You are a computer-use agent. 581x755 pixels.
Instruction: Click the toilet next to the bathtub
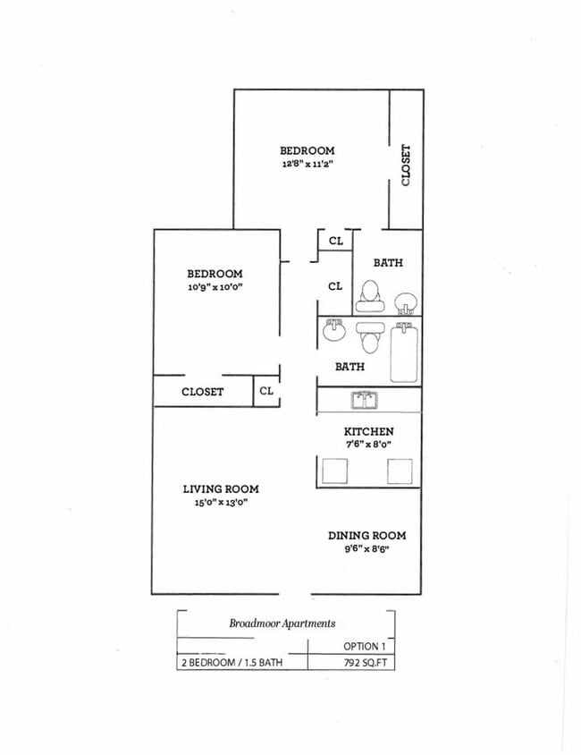click(x=369, y=337)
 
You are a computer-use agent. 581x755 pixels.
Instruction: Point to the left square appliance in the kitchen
click(x=333, y=471)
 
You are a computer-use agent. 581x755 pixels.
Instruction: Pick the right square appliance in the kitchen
click(x=400, y=471)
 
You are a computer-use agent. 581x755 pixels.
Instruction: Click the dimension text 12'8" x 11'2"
click(x=307, y=165)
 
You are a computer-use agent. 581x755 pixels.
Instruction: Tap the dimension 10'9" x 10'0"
click(x=215, y=287)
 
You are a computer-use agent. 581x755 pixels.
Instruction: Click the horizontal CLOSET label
click(x=203, y=392)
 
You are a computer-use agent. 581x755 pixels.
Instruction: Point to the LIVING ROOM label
click(x=221, y=488)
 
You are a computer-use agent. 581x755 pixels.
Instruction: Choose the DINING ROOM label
click(x=366, y=535)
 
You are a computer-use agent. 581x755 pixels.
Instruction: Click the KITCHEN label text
click(x=368, y=431)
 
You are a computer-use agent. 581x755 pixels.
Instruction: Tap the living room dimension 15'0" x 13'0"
click(x=221, y=503)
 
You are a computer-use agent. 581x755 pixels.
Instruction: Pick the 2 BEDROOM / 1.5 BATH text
click(x=232, y=663)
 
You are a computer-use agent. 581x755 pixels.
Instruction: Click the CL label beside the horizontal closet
click(x=266, y=391)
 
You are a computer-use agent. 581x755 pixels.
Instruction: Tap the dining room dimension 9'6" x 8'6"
click(x=366, y=549)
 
